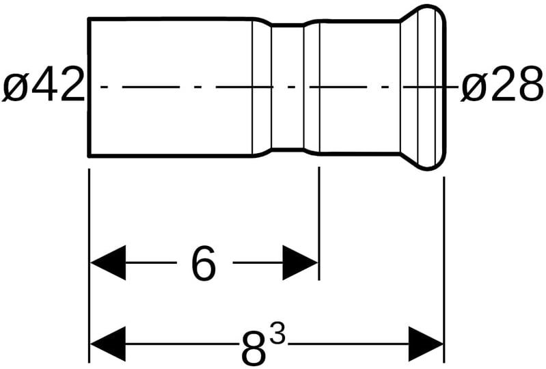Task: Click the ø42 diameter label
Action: tap(42, 87)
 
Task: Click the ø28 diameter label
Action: tap(502, 87)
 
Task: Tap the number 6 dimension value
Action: tap(203, 263)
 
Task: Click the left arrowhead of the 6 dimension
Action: tap(108, 262)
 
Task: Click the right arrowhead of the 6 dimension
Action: tap(301, 262)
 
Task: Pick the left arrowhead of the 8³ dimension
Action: tap(108, 344)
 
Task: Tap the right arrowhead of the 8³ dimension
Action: tap(426, 344)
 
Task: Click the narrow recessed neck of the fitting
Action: tap(288, 87)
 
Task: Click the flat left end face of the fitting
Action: tap(90, 87)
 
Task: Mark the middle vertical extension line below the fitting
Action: tap(319, 225)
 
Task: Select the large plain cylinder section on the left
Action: tap(171, 87)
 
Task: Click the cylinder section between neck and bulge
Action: tap(355, 87)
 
